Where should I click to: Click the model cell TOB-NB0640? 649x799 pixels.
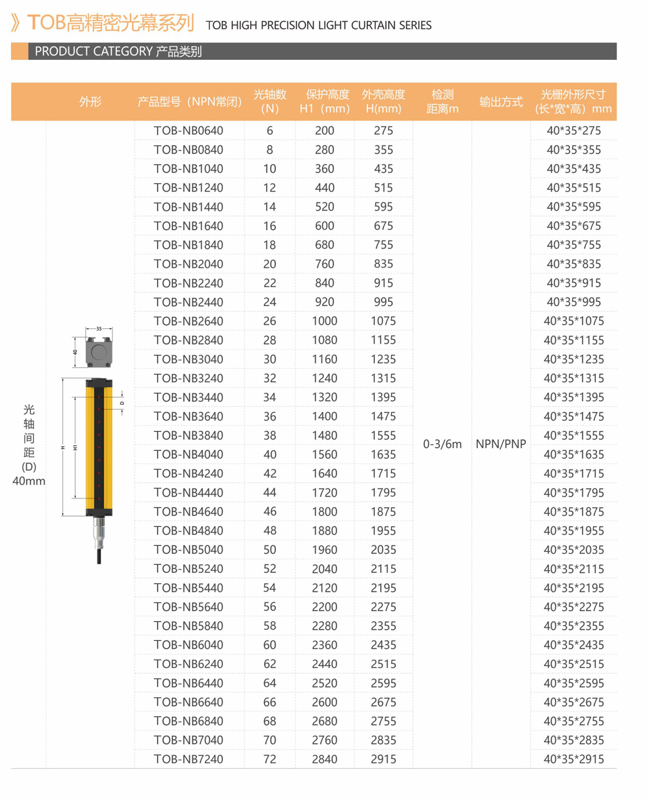point(188,131)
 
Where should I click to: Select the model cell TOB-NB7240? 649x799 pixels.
point(188,759)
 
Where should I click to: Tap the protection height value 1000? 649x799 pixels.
point(324,321)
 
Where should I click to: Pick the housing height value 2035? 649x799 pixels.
point(383,550)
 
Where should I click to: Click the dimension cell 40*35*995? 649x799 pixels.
point(574,302)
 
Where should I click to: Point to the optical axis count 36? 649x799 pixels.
point(270,416)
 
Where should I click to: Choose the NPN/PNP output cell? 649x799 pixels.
point(501,444)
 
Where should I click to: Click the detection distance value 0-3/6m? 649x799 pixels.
point(442,444)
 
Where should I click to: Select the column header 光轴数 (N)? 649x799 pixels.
point(270,101)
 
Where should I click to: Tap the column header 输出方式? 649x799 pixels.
point(501,101)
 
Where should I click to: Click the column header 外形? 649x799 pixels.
point(90,101)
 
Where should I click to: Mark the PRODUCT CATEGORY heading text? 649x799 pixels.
point(118,51)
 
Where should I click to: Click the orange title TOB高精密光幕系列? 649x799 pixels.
point(110,23)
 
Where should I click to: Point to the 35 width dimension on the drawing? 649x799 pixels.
point(99,329)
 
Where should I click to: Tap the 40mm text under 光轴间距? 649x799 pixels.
point(29,481)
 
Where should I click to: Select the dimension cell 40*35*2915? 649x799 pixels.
point(574,759)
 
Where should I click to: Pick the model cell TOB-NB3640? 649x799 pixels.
point(188,416)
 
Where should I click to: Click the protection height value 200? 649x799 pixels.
point(324,131)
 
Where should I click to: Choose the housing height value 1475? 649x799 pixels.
point(383,416)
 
